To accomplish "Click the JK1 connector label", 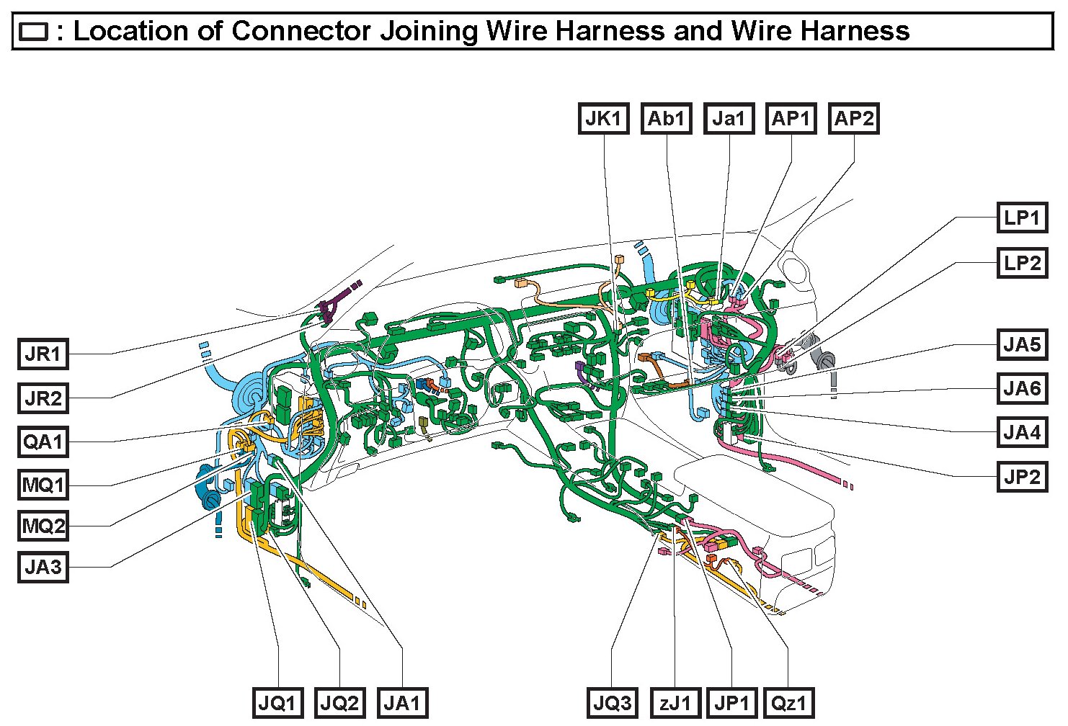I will point(603,119).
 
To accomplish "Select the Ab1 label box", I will point(666,119).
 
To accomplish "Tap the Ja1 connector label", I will point(729,119).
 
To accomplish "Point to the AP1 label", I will point(791,119).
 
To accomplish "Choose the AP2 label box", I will point(853,119).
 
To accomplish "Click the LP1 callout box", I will point(1022,218).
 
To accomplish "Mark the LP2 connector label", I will point(1022,263).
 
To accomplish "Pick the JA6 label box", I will point(1022,390).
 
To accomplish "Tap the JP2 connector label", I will point(1022,476).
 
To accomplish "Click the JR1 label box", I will point(43,354).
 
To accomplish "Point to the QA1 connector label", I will point(43,442).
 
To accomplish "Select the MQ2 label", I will point(43,526).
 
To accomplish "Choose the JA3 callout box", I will point(43,568).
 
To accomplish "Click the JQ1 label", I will point(277,703).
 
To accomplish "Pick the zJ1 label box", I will point(675,703).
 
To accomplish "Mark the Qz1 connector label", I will point(789,703).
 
